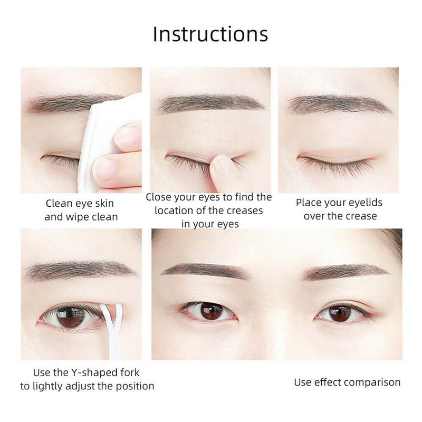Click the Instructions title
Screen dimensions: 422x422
pyautogui.click(x=210, y=34)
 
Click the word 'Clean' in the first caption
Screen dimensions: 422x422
pyautogui.click(x=58, y=203)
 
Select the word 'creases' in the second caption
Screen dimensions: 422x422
pyautogui.click(x=241, y=210)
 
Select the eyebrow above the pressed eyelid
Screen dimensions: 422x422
pyautogui.click(x=211, y=103)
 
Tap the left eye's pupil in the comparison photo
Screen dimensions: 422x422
pyautogui.click(x=211, y=311)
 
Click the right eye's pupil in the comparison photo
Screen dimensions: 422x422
pyautogui.click(x=340, y=313)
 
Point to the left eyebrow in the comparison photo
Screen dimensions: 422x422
pyautogui.click(x=203, y=270)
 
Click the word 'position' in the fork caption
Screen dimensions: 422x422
pyautogui.click(x=132, y=386)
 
